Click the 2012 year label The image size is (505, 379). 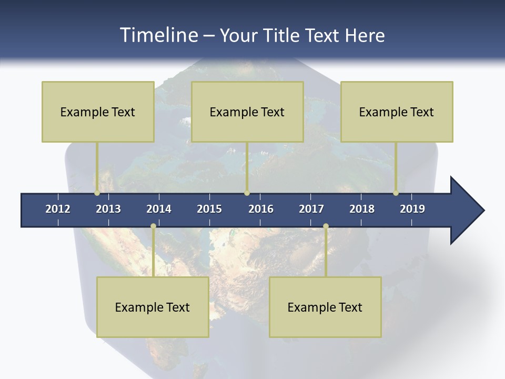(x=58, y=209)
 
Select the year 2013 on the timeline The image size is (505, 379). (x=108, y=209)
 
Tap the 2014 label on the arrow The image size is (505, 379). (x=159, y=209)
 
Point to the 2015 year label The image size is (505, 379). (x=209, y=209)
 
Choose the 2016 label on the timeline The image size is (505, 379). (x=261, y=209)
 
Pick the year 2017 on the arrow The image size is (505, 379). (x=311, y=209)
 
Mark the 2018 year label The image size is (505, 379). (x=362, y=209)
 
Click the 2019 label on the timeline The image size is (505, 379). (x=412, y=209)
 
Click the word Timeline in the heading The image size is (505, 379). (x=157, y=35)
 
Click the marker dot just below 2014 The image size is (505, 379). (x=153, y=226)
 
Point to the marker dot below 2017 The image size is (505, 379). (x=326, y=226)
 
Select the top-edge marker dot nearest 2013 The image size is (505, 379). (x=97, y=193)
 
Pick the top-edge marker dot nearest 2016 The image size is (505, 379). (x=247, y=193)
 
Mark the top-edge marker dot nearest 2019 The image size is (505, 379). (x=396, y=193)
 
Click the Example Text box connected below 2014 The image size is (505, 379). (x=153, y=307)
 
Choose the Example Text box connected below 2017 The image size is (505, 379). (x=325, y=307)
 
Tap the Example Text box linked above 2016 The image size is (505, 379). (x=247, y=112)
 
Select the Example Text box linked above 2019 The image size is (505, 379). (x=397, y=112)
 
